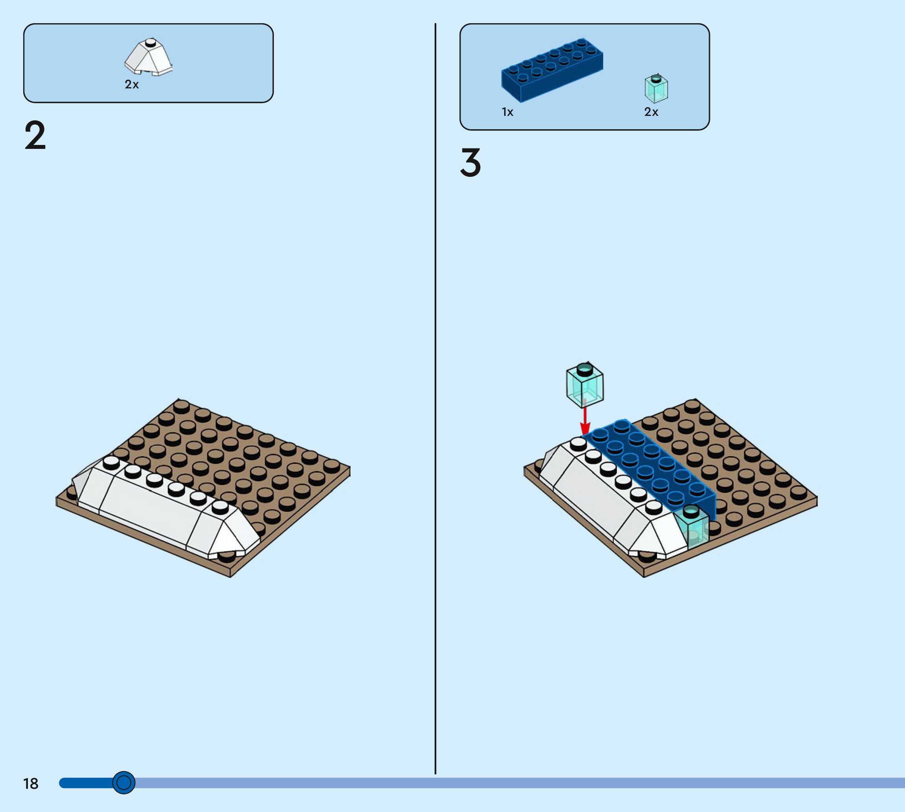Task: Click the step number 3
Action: click(x=470, y=163)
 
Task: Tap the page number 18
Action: click(x=31, y=784)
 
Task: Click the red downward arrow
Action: click(x=585, y=422)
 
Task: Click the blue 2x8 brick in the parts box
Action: click(x=552, y=70)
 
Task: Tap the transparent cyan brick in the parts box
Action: click(x=656, y=89)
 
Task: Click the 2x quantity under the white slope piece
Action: click(x=132, y=84)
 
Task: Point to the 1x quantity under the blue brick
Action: click(x=507, y=112)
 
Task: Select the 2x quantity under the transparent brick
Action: click(x=651, y=112)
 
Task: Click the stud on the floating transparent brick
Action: click(x=585, y=369)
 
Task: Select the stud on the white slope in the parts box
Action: click(x=151, y=43)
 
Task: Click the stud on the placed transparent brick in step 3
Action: click(x=691, y=510)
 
